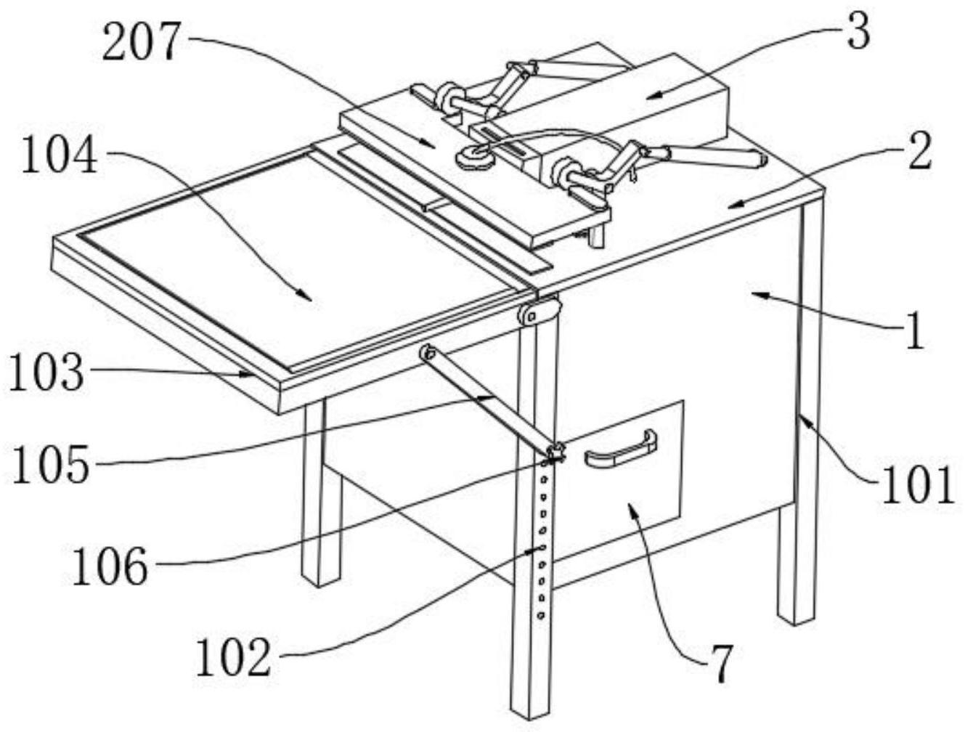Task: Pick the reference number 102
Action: [x=234, y=658]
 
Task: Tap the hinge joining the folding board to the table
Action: [x=539, y=312]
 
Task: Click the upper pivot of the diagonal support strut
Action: [x=426, y=353]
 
